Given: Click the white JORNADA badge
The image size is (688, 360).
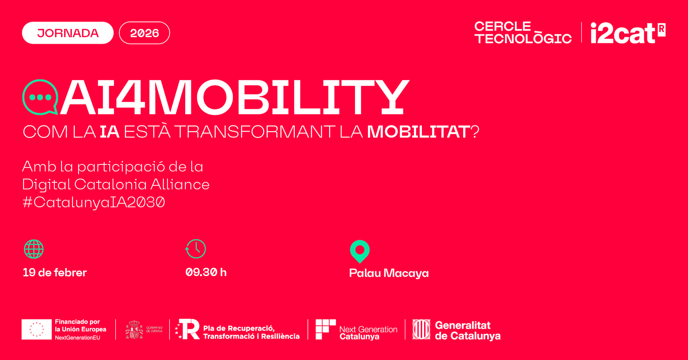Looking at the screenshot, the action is [x=68, y=33].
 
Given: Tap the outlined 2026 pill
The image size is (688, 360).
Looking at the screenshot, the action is [x=144, y=33].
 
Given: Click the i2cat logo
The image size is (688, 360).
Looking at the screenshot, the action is [x=628, y=33].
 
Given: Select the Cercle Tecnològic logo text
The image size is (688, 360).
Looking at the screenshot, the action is [x=523, y=33].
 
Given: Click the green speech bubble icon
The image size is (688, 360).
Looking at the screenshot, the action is [x=40, y=97].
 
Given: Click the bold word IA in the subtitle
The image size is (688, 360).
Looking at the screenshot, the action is [x=110, y=131].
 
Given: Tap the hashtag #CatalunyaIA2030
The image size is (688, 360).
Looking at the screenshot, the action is [x=94, y=202].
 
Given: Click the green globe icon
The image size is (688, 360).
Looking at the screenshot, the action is [x=34, y=249].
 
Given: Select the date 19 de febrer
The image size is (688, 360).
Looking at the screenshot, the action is [x=55, y=272].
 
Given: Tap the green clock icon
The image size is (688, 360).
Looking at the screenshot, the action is [x=196, y=249].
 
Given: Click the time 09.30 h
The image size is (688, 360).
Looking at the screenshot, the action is [x=206, y=272].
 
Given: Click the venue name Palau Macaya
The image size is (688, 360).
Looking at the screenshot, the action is [x=389, y=273].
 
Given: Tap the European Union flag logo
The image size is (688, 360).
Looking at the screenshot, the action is [x=37, y=329].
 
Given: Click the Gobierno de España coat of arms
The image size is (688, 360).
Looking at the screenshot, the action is [x=134, y=329].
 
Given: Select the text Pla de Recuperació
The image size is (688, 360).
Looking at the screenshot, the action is [x=239, y=328].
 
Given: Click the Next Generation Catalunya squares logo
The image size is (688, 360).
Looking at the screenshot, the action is [x=326, y=329].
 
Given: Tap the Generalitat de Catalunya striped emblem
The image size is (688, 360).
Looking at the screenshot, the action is [x=421, y=329].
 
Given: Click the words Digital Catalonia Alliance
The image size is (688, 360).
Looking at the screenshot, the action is [x=116, y=184].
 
